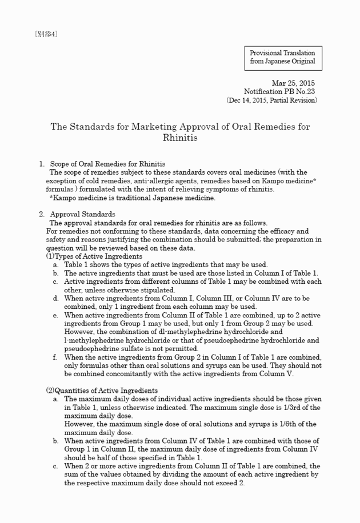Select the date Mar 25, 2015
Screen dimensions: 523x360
click(293, 83)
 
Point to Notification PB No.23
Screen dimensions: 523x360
click(279, 91)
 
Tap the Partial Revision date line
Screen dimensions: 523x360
click(272, 100)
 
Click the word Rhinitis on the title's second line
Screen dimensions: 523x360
click(180, 138)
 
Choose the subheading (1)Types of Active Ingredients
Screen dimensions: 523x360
click(94, 256)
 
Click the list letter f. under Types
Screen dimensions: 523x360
click(54, 357)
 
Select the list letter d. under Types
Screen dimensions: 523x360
click(55, 298)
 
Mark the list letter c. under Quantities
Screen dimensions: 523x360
click(55, 466)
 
